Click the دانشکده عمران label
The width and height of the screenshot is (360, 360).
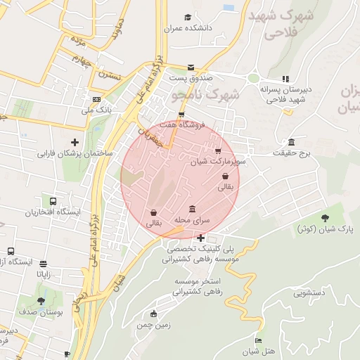pyautogui.click(x=188, y=29)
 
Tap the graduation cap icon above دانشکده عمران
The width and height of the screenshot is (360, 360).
pyautogui.click(x=188, y=18)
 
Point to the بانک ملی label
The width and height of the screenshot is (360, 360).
pyautogui.click(x=96, y=110)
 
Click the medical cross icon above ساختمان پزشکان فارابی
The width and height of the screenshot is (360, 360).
pyautogui.click(x=75, y=143)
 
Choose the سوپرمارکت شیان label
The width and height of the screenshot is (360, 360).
pyautogui.click(x=218, y=162)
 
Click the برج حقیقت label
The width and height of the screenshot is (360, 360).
pyautogui.click(x=292, y=153)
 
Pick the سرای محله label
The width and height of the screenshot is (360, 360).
pyautogui.click(x=193, y=219)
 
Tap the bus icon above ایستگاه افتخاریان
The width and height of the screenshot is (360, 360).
pyautogui.click(x=53, y=201)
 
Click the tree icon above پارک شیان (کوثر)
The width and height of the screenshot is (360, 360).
pyautogui.click(x=324, y=218)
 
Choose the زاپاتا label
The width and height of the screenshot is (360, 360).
pyautogui.click(x=44, y=274)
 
